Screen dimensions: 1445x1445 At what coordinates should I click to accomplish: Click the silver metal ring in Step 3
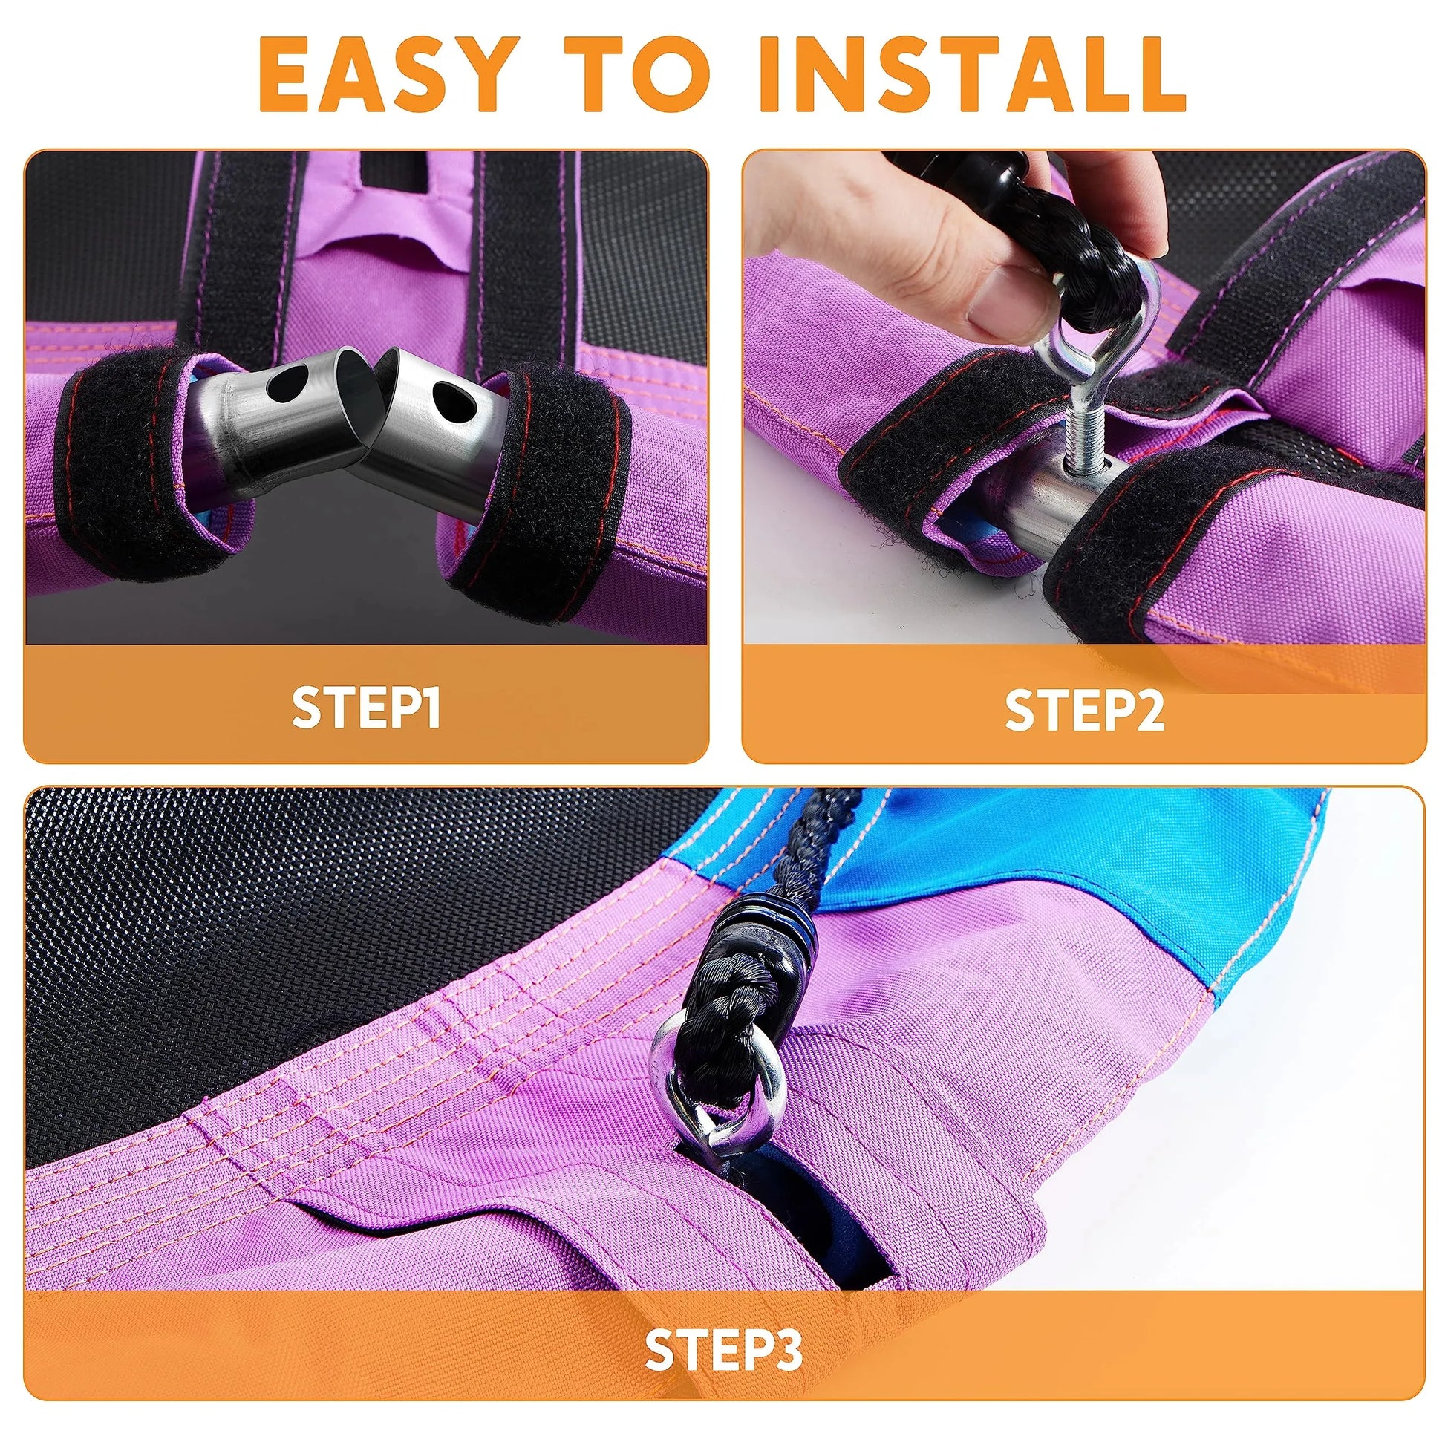tap(717, 1089)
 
